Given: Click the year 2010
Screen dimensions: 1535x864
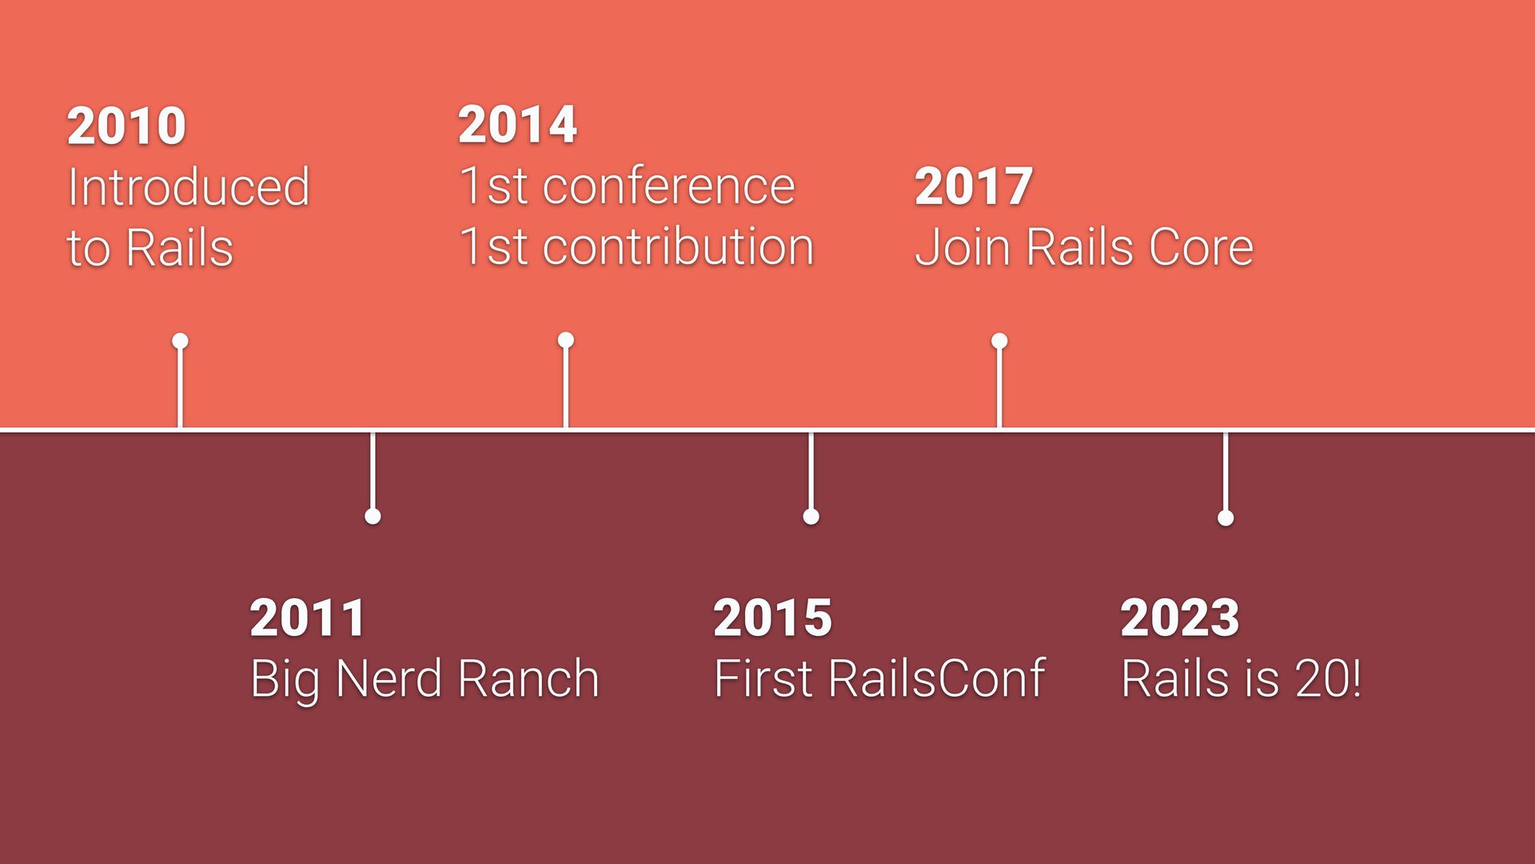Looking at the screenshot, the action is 126,126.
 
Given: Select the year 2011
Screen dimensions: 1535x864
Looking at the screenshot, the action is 308,618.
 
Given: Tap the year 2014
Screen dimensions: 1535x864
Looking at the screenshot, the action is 517,125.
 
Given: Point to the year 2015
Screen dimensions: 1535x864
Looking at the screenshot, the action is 772,618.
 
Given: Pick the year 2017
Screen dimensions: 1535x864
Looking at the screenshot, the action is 974,186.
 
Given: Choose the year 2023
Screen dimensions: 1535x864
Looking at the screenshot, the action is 1180,618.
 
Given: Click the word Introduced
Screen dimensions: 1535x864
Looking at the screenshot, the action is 189,187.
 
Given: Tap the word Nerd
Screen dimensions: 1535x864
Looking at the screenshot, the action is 389,679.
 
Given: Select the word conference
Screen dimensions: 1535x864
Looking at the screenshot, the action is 669,186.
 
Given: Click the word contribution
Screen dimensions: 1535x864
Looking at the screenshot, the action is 679,246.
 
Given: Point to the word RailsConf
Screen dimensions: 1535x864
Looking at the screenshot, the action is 936,678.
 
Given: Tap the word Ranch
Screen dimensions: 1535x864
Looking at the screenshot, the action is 528,679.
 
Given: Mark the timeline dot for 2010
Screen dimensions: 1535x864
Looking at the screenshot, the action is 180,342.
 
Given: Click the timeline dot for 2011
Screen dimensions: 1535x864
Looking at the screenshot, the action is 373,517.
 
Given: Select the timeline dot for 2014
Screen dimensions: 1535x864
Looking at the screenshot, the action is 566,341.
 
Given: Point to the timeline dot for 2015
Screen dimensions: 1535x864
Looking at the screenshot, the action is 811,517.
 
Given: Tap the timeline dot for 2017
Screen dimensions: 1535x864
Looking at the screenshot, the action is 999,342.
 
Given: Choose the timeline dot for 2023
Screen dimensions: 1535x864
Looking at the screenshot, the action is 1226,518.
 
